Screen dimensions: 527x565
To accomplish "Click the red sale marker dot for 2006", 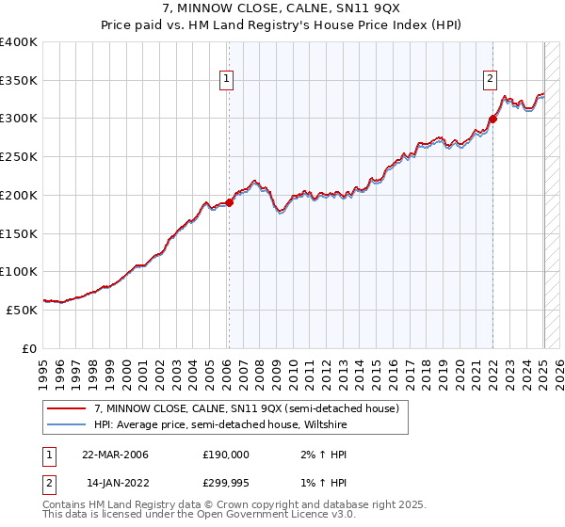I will tap(229, 202).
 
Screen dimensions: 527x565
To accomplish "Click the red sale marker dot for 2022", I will tap(492, 119).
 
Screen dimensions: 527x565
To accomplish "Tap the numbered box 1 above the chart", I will tap(229, 80).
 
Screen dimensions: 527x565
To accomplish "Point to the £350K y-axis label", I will tap(19, 81).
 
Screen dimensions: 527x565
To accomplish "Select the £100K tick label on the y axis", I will tap(19, 272).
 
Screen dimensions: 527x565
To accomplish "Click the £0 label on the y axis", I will tap(30, 348).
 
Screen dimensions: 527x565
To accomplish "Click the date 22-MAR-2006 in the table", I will tap(115, 455).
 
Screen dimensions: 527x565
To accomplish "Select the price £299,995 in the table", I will tap(226, 485).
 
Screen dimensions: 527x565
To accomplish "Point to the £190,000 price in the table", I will tap(226, 455).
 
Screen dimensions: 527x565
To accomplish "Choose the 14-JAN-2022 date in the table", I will tap(115, 485).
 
